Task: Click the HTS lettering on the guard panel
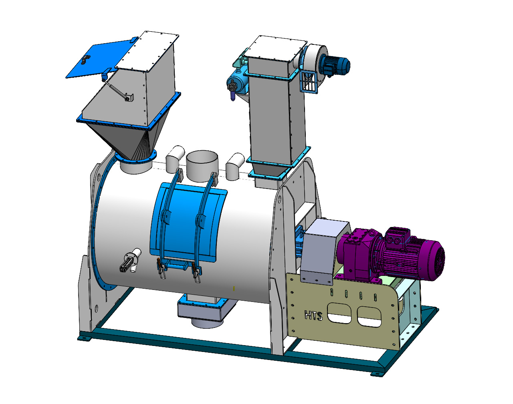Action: pyautogui.click(x=314, y=316)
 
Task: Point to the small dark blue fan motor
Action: pyautogui.click(x=335, y=65)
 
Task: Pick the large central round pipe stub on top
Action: pyautogui.click(x=202, y=165)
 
